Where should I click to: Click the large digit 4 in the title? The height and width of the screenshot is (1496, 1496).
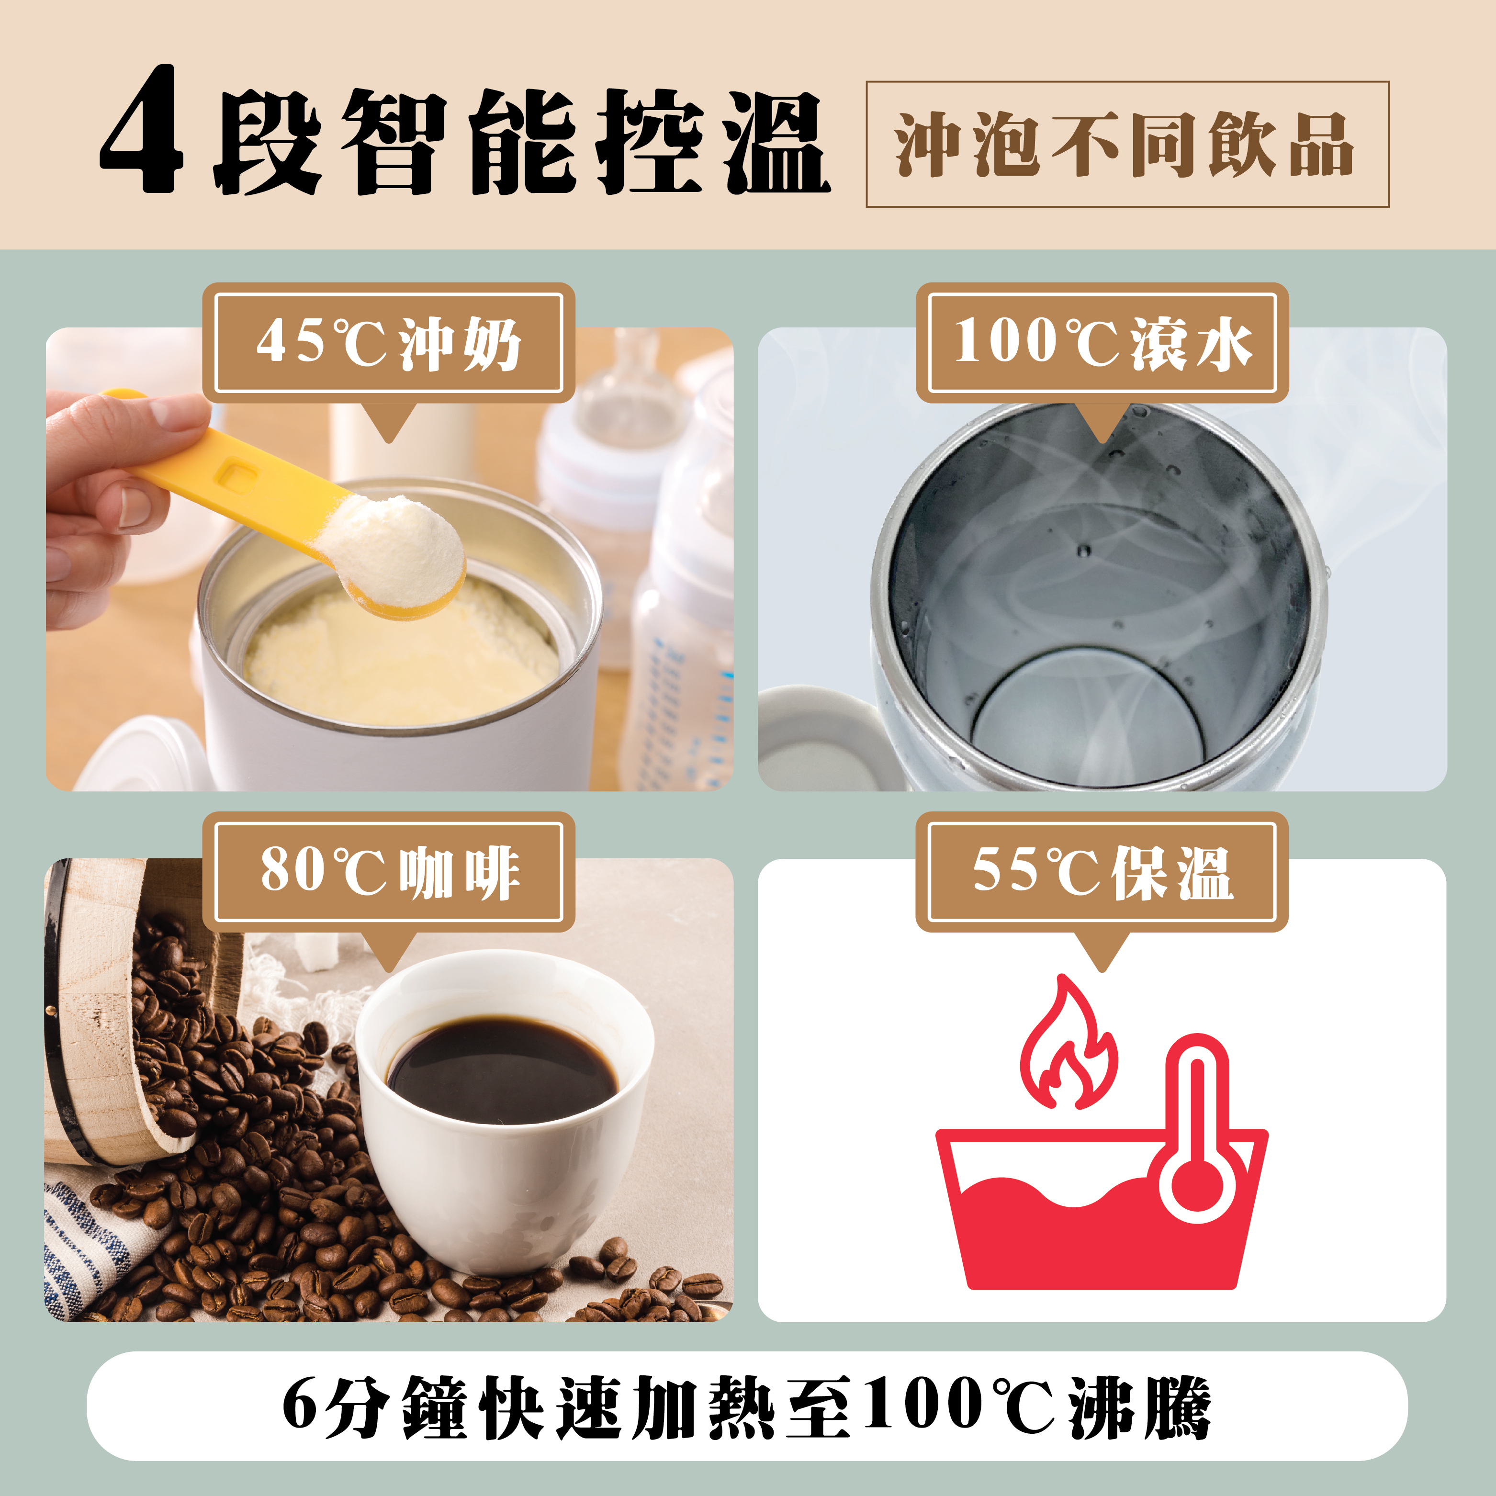click(142, 130)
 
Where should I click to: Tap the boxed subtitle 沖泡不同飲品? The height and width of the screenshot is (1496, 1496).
click(1126, 144)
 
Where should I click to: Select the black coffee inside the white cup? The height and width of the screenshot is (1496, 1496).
click(502, 1071)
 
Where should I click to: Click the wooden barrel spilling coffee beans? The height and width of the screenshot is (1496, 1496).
click(116, 1007)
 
